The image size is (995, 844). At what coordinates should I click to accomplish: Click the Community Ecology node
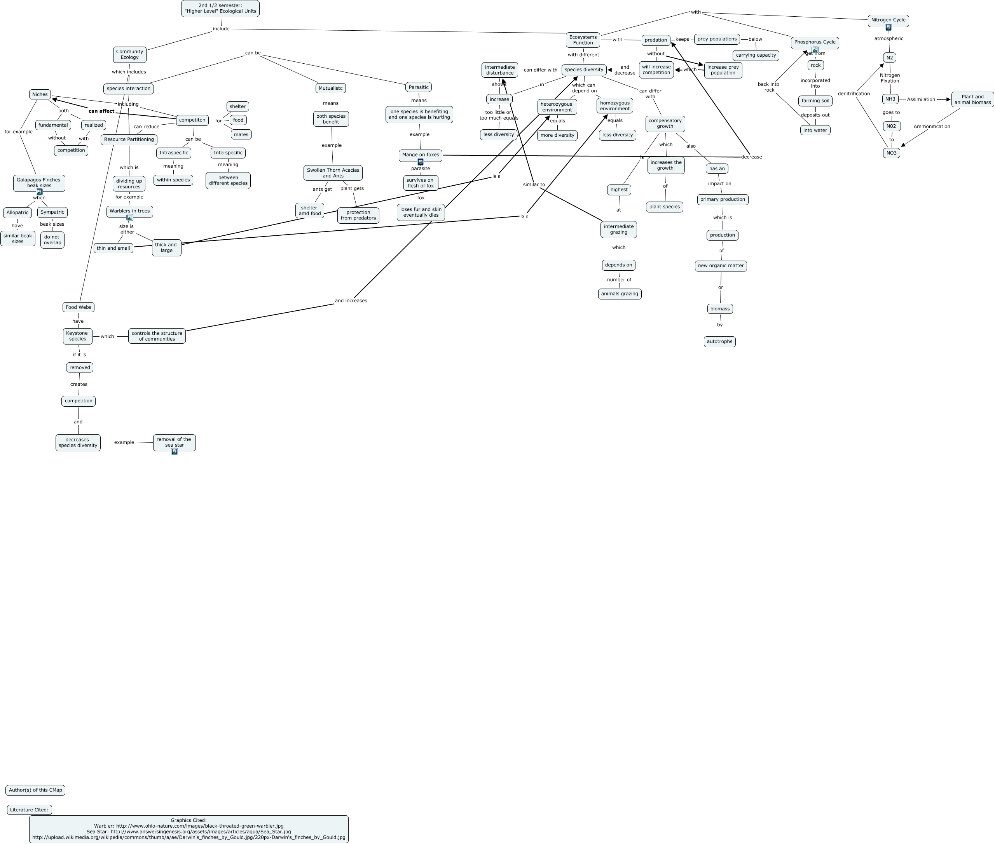click(x=129, y=54)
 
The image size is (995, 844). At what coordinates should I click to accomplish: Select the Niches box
click(x=40, y=94)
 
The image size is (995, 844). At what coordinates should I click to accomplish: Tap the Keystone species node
click(x=77, y=336)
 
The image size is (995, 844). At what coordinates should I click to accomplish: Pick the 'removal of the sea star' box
click(x=174, y=442)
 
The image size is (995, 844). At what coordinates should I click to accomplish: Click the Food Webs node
click(x=78, y=307)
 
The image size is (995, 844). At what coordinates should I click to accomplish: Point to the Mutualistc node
click(x=330, y=88)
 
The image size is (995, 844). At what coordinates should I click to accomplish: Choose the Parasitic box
click(x=419, y=87)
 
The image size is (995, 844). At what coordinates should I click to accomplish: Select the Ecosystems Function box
click(x=583, y=40)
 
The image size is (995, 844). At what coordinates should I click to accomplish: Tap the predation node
click(x=656, y=40)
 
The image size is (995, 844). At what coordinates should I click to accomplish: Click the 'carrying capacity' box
click(x=756, y=55)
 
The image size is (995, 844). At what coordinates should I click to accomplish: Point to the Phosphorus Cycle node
click(x=815, y=42)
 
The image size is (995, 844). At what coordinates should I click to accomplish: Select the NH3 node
click(x=890, y=99)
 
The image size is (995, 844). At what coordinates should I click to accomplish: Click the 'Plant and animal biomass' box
click(x=972, y=99)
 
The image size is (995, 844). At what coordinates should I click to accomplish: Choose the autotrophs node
click(x=719, y=342)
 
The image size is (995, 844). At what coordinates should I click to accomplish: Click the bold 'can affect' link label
click(x=101, y=111)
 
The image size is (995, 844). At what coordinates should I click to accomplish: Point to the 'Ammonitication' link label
click(x=931, y=127)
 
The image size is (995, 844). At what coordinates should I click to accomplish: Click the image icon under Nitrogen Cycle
click(x=888, y=28)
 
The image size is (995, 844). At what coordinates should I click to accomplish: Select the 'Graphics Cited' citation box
click(x=189, y=829)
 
